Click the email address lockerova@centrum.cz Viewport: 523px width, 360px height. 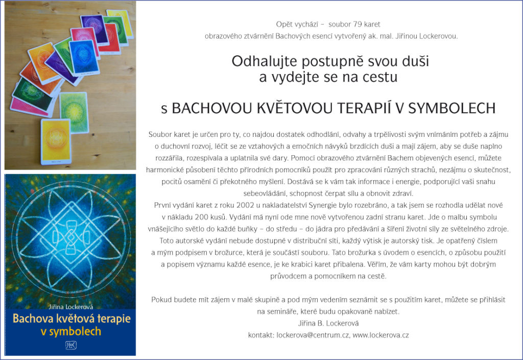[313, 335]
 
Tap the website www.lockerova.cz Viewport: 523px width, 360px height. [381, 335]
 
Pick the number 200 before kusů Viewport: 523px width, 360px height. [201, 217]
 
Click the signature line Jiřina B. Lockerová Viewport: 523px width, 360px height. [328, 323]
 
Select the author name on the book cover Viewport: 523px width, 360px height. [70, 307]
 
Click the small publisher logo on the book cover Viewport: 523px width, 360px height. [70, 345]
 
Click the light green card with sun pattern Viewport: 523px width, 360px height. [74, 112]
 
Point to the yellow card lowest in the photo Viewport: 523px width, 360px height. [56, 141]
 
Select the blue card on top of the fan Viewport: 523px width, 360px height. [84, 57]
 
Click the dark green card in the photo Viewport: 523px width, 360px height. [33, 94]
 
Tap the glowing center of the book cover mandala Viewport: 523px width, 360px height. [70, 236]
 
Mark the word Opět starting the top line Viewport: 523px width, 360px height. [283, 25]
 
